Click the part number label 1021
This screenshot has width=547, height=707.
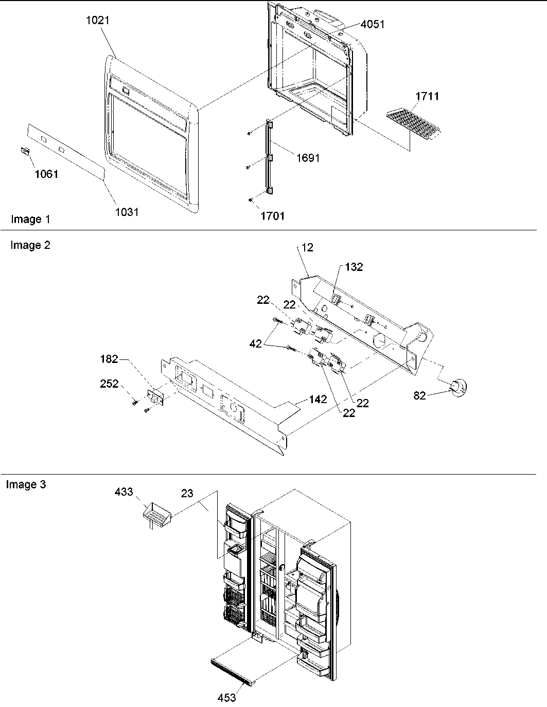pos(98,21)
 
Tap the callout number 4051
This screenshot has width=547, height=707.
pos(373,24)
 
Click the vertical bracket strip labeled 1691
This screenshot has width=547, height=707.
pos(269,157)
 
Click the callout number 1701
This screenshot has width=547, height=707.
pos(272,216)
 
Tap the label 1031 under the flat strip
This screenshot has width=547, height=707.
pos(127,212)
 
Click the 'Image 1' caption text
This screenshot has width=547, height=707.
pos(30,220)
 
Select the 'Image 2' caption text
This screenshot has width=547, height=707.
pos(30,245)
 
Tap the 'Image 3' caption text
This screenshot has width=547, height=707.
pos(26,484)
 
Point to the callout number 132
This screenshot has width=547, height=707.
pos(354,267)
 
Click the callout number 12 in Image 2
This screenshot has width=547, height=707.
pos(307,247)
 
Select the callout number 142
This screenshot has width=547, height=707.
pos(317,399)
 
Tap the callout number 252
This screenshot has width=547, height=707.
pos(109,384)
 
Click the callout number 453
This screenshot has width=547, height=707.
pos(226,697)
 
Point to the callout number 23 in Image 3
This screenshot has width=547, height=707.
pos(187,493)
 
